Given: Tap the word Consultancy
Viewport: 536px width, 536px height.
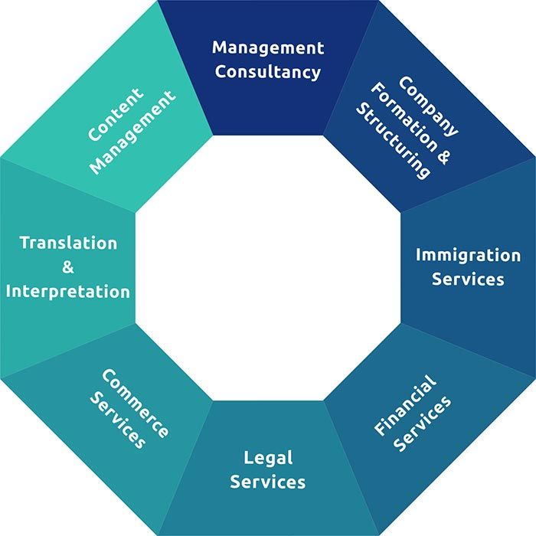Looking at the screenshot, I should (268, 73).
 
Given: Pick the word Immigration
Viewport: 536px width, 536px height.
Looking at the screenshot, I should (468, 255).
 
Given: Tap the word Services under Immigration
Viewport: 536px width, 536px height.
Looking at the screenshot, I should (468, 279).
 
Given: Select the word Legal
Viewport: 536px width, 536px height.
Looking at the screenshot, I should (268, 458).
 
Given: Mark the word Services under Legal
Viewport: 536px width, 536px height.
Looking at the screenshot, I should (268, 482).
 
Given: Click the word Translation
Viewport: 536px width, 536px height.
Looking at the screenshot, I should (68, 243).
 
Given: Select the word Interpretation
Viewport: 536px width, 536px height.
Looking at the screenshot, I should (68, 292).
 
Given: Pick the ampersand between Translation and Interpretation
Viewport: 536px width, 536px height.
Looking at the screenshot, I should (68, 268).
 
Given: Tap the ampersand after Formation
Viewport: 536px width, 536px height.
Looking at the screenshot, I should (443, 156).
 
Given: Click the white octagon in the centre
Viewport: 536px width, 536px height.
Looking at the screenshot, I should (268, 268).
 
